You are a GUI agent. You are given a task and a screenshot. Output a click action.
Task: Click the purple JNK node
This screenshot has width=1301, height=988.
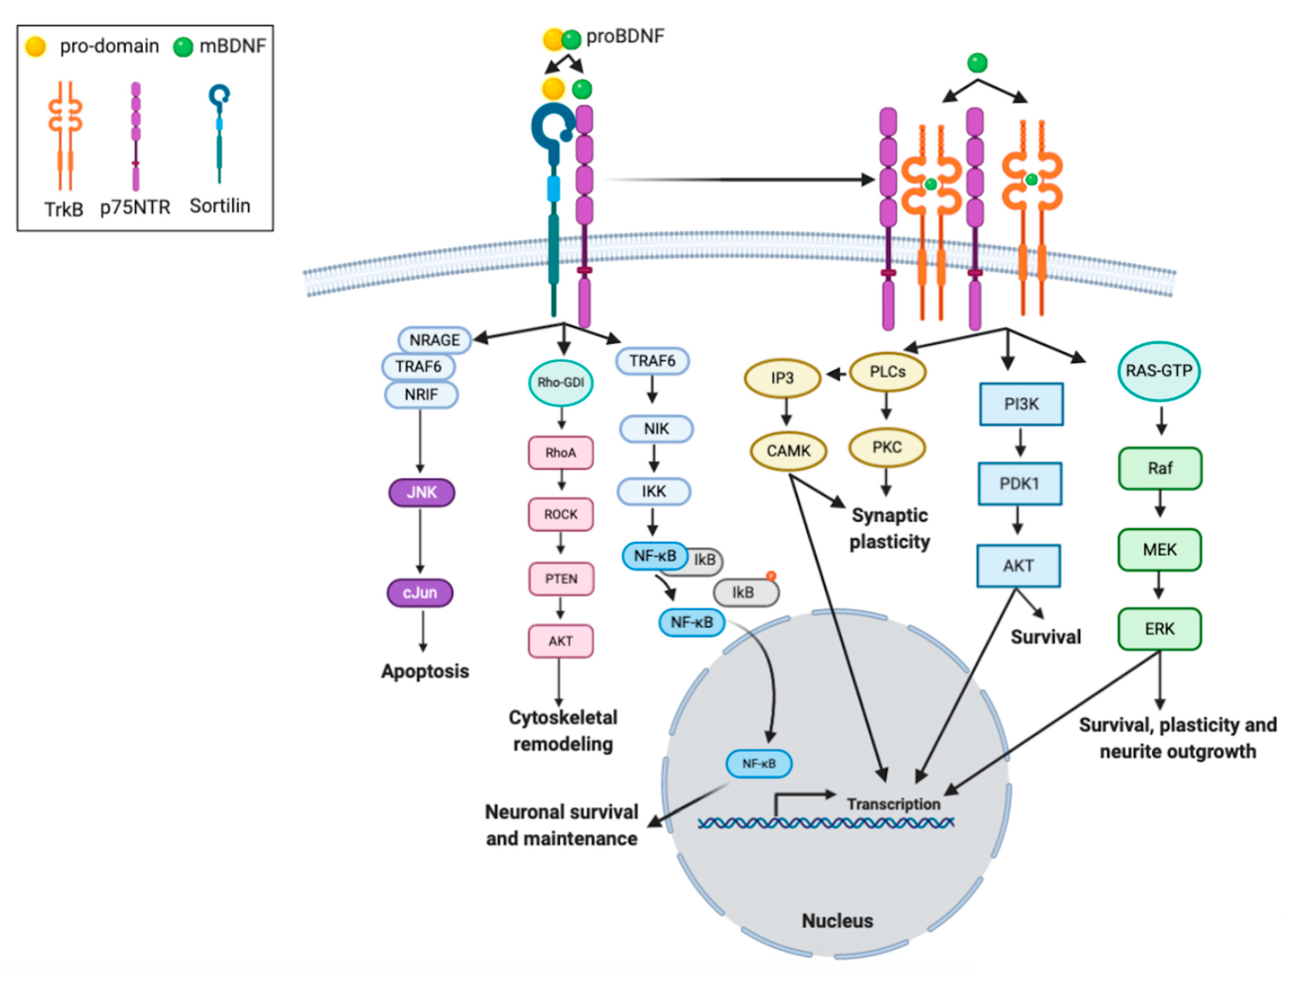click(421, 492)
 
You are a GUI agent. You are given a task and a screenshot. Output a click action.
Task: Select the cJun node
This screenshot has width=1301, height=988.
click(419, 593)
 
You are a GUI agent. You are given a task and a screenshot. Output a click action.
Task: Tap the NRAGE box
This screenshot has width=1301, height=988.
click(434, 340)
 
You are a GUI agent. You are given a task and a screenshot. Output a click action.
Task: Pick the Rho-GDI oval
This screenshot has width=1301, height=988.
click(560, 383)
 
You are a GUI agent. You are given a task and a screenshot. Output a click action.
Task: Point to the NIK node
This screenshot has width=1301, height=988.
click(656, 429)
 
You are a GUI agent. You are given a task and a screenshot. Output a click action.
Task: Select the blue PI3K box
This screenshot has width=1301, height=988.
click(1021, 404)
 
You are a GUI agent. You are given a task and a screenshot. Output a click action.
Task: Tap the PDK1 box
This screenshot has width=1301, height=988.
click(1020, 483)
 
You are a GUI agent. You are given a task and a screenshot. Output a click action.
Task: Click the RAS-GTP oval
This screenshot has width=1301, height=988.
click(1159, 371)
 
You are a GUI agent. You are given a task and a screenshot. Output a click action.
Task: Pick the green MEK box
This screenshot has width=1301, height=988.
click(1159, 550)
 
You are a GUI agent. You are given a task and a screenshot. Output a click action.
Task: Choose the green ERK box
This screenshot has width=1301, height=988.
click(1159, 629)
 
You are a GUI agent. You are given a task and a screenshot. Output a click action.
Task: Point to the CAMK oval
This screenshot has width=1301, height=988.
click(789, 451)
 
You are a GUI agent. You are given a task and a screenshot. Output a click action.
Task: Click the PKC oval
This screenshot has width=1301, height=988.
click(887, 448)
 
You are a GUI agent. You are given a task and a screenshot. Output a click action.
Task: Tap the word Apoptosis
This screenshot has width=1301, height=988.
click(425, 671)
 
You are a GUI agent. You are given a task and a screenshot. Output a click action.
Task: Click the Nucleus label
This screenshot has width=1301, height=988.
click(837, 920)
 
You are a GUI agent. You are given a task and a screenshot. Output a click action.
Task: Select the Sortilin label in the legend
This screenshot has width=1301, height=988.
click(219, 206)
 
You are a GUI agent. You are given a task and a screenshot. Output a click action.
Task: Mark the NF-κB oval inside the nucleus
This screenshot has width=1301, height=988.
click(758, 764)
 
